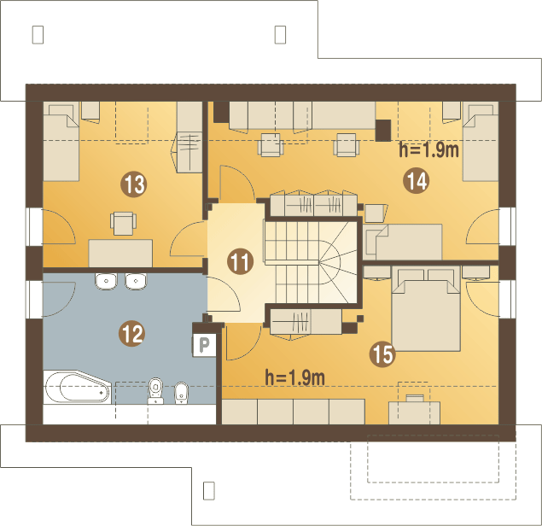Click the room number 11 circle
point(241,262)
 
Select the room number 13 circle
point(133,182)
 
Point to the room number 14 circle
point(417,179)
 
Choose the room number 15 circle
point(382,354)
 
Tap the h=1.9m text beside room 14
point(429,151)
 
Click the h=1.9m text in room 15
point(295,376)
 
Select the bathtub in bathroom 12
point(77,390)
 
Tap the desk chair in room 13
point(123,222)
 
